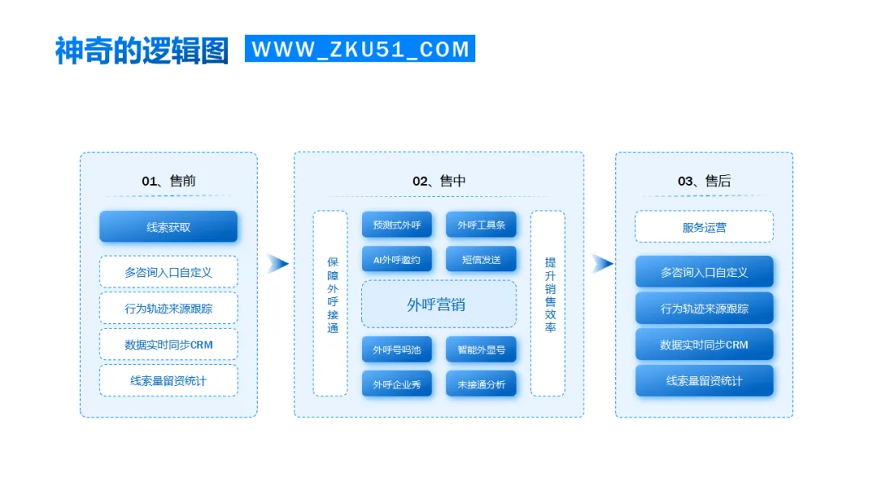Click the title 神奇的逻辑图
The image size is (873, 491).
tap(141, 50)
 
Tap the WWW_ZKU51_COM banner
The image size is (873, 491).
tap(361, 48)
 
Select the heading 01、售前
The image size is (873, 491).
tap(168, 181)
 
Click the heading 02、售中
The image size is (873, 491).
tap(439, 181)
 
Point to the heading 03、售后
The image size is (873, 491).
tap(704, 181)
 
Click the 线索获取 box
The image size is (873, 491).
tap(168, 227)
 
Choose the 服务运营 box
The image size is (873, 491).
tap(704, 227)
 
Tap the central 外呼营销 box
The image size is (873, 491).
tap(439, 304)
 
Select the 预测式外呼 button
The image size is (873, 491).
tap(397, 225)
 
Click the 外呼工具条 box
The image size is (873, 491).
tap(481, 225)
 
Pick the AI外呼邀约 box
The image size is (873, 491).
tap(397, 259)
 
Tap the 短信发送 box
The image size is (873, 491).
tap(481, 259)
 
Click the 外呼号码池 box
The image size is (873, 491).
tap(397, 350)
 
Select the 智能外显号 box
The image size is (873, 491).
tap(481, 350)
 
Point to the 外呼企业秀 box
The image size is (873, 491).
tap(397, 384)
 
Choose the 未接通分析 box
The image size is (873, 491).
tap(481, 384)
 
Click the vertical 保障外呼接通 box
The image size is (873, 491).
tap(331, 304)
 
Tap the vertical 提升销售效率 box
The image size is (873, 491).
tap(548, 304)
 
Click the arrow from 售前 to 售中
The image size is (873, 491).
tap(277, 263)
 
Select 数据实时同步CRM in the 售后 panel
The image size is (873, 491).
tap(704, 344)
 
